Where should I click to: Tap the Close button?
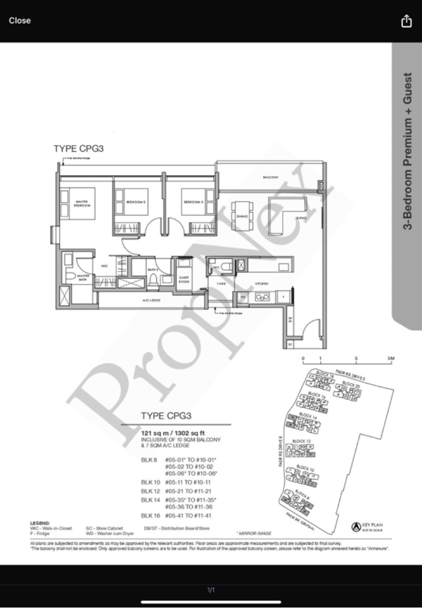[x=20, y=21]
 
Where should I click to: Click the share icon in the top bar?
[x=406, y=21]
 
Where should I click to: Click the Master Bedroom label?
[x=82, y=203]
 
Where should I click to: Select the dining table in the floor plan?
[x=243, y=216]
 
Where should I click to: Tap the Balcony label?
[x=271, y=178]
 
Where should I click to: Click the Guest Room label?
[x=185, y=279]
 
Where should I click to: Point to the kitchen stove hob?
[x=262, y=297]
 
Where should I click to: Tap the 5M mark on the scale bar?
[x=391, y=358]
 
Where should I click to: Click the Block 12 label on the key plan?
[x=301, y=441]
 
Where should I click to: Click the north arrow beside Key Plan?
[x=356, y=526]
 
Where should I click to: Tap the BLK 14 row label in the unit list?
[x=150, y=499]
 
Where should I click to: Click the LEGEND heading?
[x=40, y=522]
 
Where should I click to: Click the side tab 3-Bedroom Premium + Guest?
[x=407, y=158]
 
